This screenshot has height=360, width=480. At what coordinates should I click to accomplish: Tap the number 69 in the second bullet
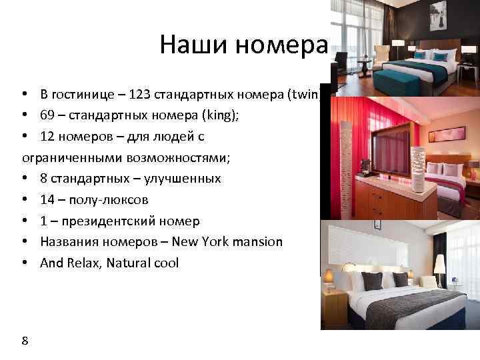tap(47, 115)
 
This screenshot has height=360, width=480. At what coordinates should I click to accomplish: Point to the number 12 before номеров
tap(47, 136)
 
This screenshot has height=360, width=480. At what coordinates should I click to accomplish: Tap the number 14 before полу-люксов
tap(47, 199)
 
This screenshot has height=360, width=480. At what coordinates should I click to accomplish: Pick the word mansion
tap(257, 242)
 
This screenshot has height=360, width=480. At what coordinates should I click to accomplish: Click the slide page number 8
tap(25, 341)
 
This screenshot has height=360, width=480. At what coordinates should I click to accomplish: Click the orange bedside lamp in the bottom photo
tap(329, 275)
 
